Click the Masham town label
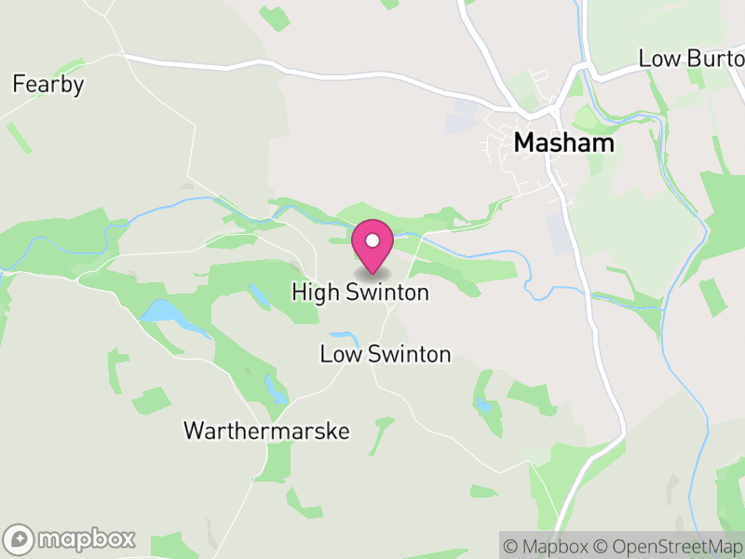click(564, 143)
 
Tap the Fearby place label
click(47, 85)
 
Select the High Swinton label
click(360, 293)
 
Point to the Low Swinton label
click(385, 354)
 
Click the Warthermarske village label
click(266, 431)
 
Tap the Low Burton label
click(691, 59)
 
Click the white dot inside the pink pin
click(372, 240)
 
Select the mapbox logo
click(71, 539)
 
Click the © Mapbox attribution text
click(546, 545)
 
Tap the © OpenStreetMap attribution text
click(669, 545)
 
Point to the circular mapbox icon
click(20, 539)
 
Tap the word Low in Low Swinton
click(338, 354)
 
